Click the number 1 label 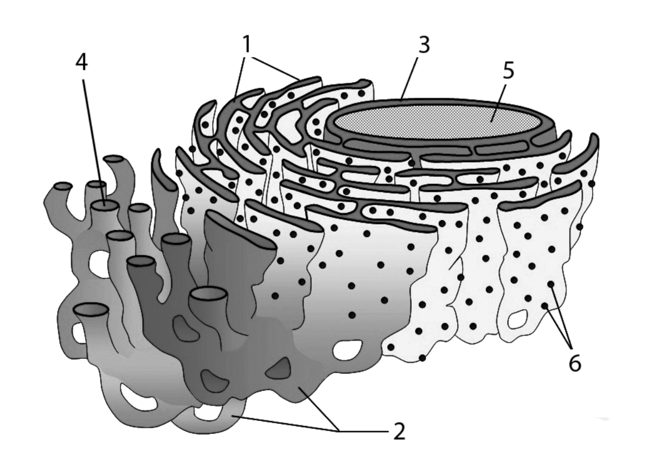pos(247,44)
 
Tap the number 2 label pos(399,432)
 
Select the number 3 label pos(424,44)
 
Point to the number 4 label pos(82,63)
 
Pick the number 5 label pos(508,71)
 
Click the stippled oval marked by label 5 pos(439,121)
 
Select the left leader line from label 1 pos(240,75)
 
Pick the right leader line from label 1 pos(274,67)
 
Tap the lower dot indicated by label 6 pos(544,306)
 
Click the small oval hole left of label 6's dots pos(518,320)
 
